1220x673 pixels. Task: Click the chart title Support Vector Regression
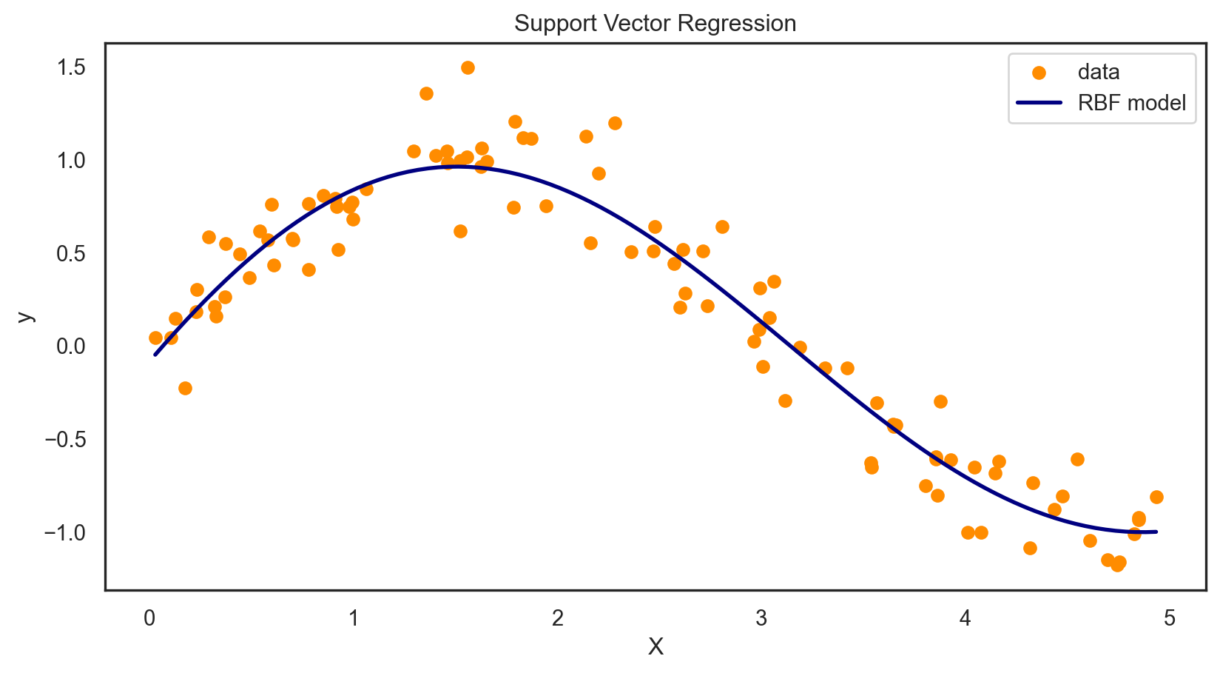tap(655, 24)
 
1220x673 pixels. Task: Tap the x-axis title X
tap(656, 647)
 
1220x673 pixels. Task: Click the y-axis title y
tap(25, 316)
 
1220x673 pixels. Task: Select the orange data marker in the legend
tap(1039, 73)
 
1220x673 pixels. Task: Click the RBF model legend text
tap(1132, 103)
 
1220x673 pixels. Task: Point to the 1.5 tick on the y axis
tap(71, 67)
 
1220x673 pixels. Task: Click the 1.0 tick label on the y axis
tap(71, 161)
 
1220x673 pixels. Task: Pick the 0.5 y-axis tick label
tap(71, 253)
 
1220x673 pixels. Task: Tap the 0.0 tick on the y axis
tap(71, 346)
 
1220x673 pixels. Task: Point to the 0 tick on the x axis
tap(149, 617)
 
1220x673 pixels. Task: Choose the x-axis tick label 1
tap(354, 617)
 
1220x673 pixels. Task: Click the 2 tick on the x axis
tap(557, 617)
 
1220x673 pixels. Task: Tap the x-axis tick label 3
tap(761, 617)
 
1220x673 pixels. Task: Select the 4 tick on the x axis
tap(965, 617)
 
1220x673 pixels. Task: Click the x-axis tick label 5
tap(1170, 617)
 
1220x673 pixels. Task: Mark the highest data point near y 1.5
tap(468, 67)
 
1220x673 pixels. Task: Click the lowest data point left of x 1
tap(185, 388)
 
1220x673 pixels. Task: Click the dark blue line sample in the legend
tap(1039, 103)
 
